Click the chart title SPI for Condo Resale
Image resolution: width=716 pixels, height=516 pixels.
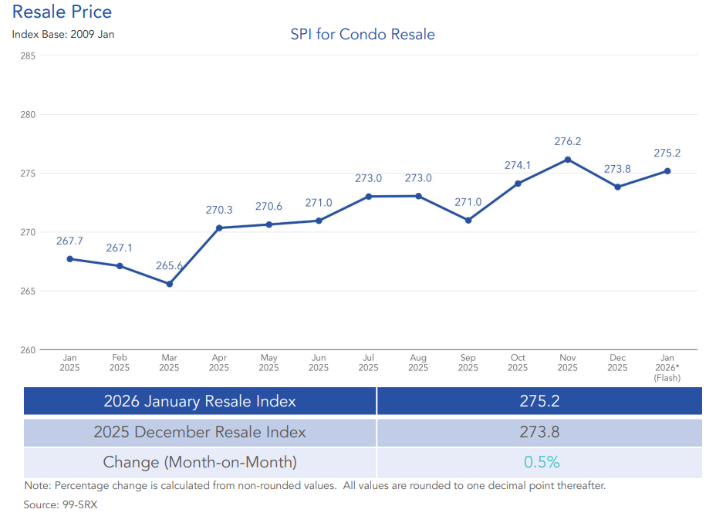tap(363, 35)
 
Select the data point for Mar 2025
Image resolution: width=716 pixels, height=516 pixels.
tap(170, 284)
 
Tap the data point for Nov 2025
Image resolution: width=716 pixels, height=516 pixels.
tap(568, 160)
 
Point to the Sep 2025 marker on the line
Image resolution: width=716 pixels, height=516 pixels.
tap(468, 221)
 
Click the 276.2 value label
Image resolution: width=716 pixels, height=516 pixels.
tap(568, 141)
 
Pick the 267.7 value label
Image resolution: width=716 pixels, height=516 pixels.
tap(69, 241)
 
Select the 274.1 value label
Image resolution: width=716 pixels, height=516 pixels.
tap(518, 165)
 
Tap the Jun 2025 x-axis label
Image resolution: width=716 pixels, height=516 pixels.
tap(319, 363)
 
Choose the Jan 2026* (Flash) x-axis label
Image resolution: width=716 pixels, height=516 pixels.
tap(667, 367)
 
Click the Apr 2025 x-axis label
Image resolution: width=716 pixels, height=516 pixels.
tap(219, 363)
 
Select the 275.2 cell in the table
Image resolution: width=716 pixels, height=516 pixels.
tap(539, 401)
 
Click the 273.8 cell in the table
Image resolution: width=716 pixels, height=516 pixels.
tap(539, 432)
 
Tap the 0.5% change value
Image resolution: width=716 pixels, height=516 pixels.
tap(542, 463)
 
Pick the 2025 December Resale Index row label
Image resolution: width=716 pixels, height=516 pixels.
tap(200, 432)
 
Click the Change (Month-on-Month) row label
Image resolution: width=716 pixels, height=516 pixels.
tap(200, 463)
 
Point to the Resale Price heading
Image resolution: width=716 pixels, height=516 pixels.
tap(62, 12)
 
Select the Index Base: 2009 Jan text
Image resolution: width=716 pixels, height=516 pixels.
tap(63, 34)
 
